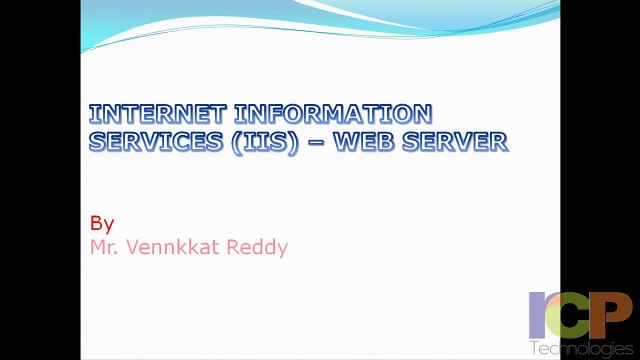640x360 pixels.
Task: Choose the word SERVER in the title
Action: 458,141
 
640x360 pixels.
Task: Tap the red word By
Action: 102,223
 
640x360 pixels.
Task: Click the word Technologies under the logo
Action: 581,348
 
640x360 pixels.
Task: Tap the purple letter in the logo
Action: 540,315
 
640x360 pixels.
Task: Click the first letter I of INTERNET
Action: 94,113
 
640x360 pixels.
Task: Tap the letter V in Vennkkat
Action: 138,246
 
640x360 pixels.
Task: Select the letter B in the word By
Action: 96,222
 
